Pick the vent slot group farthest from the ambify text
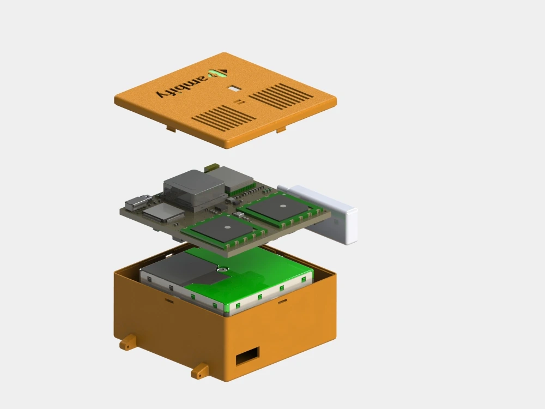[x=282, y=95]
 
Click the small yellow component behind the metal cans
[x=211, y=165]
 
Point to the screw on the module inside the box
[x=222, y=269]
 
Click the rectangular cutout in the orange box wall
[x=247, y=356]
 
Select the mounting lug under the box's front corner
[x=199, y=372]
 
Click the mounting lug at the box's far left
[x=127, y=342]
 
